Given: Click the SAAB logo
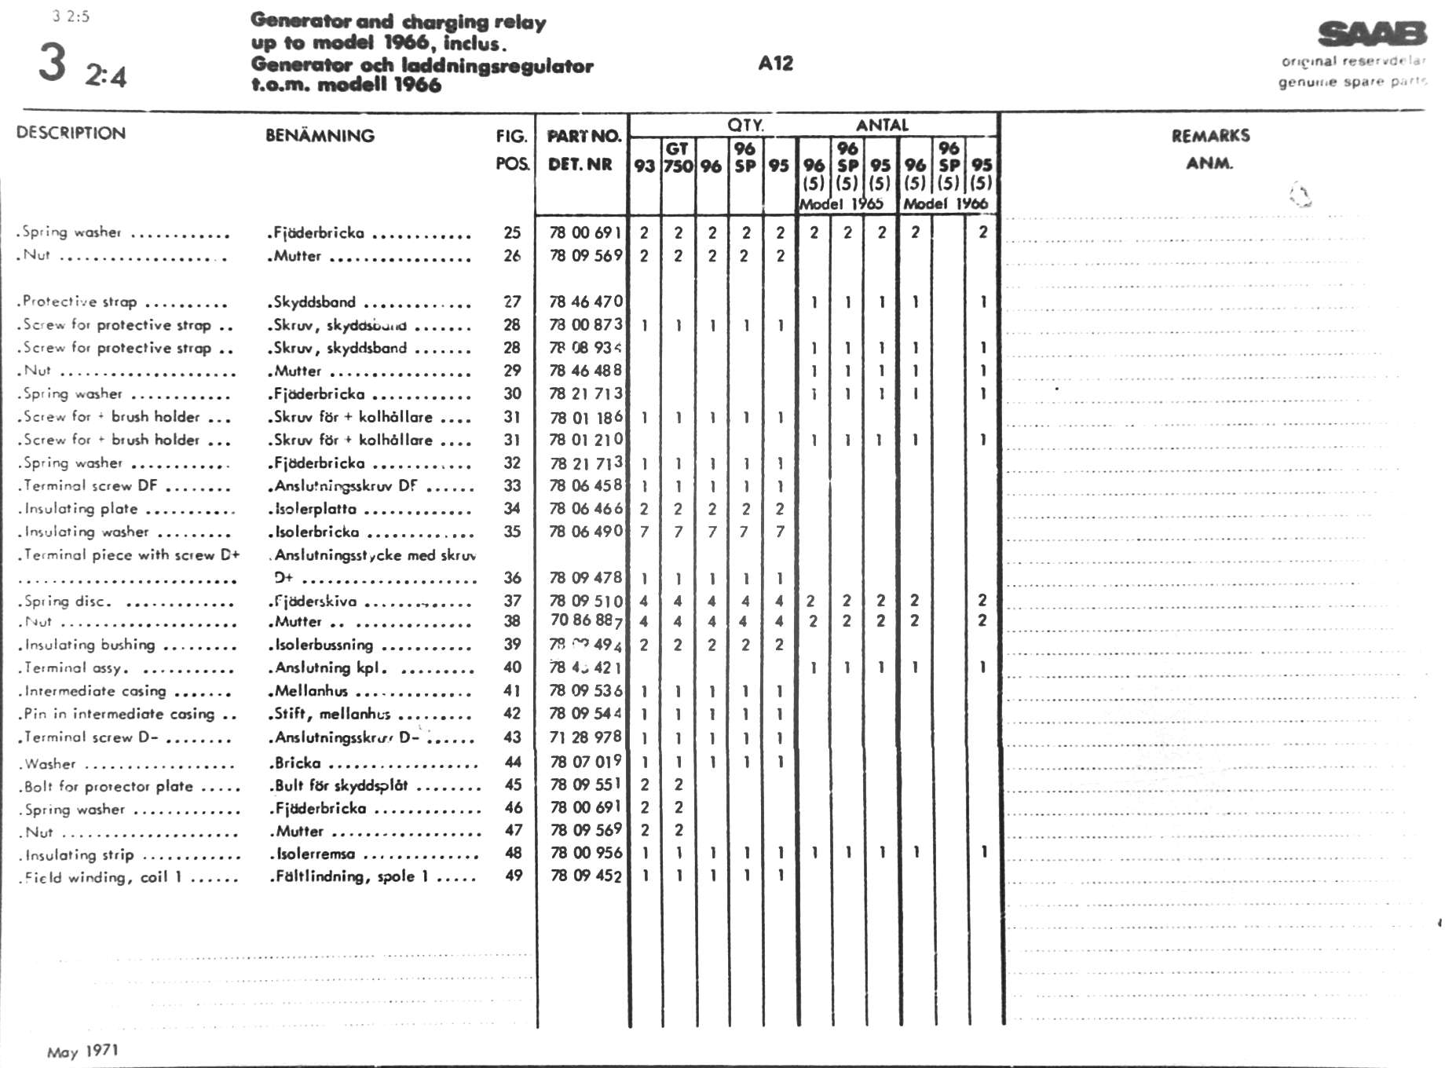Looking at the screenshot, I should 1372,35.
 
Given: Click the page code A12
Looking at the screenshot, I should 775,64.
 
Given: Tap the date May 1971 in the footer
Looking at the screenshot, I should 82,1051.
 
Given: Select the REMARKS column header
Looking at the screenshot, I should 1210,136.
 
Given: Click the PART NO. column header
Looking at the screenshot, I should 583,136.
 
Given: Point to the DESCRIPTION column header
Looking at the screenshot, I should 71,133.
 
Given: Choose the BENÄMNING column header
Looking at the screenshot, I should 320,135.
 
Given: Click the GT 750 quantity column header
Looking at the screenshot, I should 678,157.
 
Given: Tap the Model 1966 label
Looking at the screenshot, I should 946,203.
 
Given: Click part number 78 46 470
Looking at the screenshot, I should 586,302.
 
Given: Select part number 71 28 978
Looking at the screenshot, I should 586,737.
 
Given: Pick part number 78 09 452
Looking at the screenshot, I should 586,876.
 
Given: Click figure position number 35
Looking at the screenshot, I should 512,532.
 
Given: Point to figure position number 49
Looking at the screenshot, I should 513,876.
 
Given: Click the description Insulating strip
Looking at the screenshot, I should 79,855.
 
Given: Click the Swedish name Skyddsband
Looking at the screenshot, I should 314,302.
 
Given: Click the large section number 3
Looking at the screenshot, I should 52,63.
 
